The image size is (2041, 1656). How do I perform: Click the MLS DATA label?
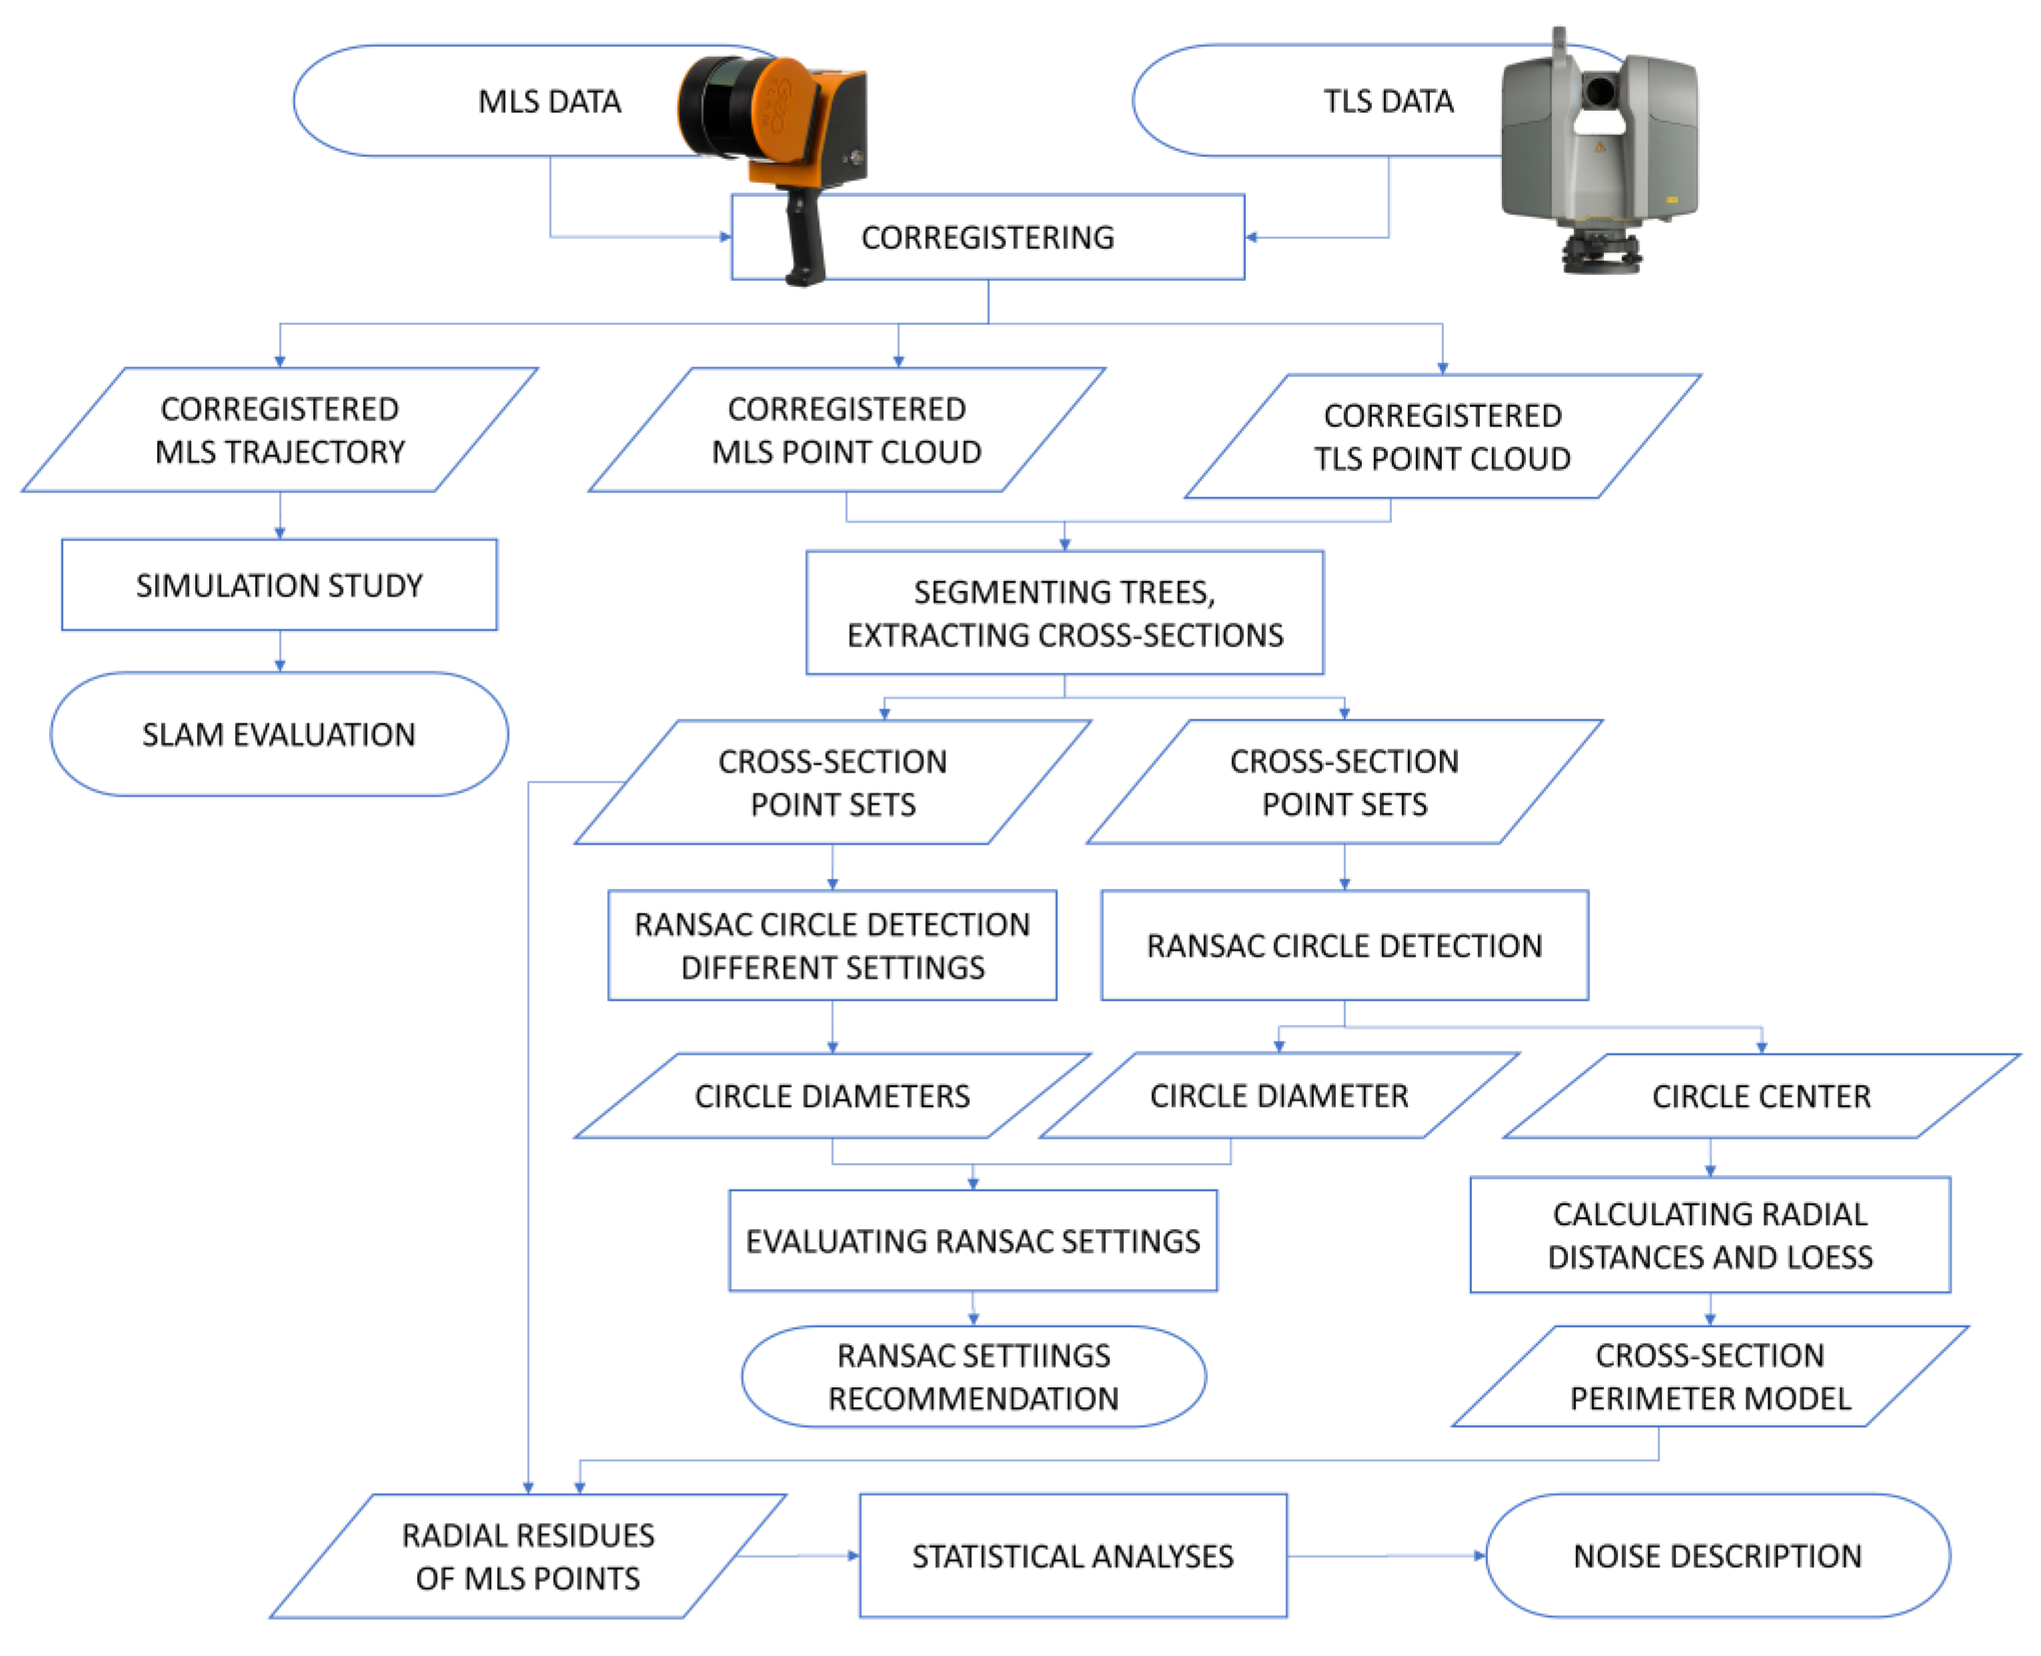click(x=549, y=101)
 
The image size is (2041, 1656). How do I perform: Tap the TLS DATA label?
click(x=1388, y=101)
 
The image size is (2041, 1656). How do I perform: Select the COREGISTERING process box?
click(x=987, y=237)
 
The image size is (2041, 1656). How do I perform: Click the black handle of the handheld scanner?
click(x=804, y=239)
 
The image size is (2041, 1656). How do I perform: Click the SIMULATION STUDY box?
click(x=279, y=585)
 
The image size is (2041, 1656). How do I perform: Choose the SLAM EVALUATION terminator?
click(x=279, y=735)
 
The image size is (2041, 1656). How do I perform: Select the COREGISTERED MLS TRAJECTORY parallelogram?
click(x=279, y=430)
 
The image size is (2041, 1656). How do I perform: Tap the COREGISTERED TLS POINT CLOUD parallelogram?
click(x=1442, y=437)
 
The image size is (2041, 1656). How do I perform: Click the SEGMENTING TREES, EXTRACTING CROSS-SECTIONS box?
click(x=1064, y=613)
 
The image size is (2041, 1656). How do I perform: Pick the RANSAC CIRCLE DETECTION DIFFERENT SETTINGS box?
click(x=832, y=945)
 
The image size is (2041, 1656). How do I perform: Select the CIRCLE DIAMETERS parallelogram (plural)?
click(x=832, y=1096)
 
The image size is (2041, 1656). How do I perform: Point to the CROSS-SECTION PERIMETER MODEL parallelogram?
click(x=1709, y=1377)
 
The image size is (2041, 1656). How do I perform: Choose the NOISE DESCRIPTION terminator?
click(x=1717, y=1556)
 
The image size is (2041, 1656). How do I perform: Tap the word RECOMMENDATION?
click(x=973, y=1399)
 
